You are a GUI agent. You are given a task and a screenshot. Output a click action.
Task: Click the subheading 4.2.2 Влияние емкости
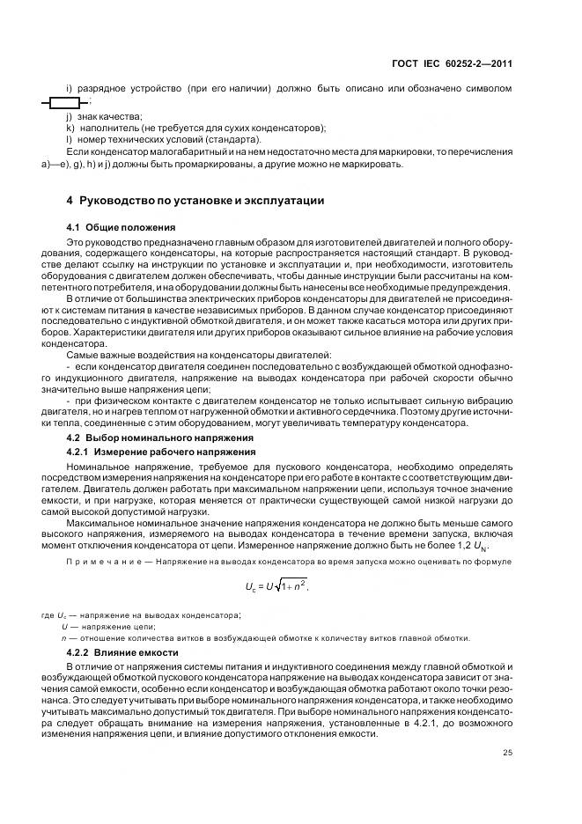pyautogui.click(x=123, y=652)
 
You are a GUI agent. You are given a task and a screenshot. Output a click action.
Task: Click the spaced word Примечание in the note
pyautogui.click(x=104, y=562)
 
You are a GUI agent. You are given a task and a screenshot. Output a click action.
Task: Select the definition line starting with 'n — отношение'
pyautogui.click(x=264, y=638)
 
